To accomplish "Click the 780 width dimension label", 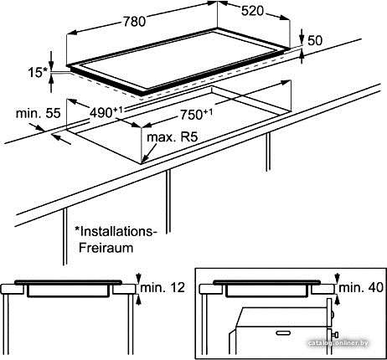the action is tap(134, 22).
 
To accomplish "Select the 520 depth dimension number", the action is tap(252, 11).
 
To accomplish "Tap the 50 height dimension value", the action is tap(315, 40).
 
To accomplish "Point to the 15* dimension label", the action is tap(39, 73).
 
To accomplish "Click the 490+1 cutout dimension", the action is tap(106, 112).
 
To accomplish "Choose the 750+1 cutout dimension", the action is tap(196, 115).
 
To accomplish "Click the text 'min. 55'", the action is tap(38, 113).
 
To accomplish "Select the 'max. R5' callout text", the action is tap(173, 137).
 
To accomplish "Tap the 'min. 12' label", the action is tap(163, 287).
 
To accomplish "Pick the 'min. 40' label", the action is tap(361, 287).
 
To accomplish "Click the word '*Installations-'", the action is tap(114, 231).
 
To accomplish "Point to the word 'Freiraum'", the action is tap(106, 248).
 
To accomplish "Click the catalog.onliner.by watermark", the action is tap(338, 343).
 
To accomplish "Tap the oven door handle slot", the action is tap(283, 332).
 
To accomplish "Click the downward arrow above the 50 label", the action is tap(302, 36).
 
